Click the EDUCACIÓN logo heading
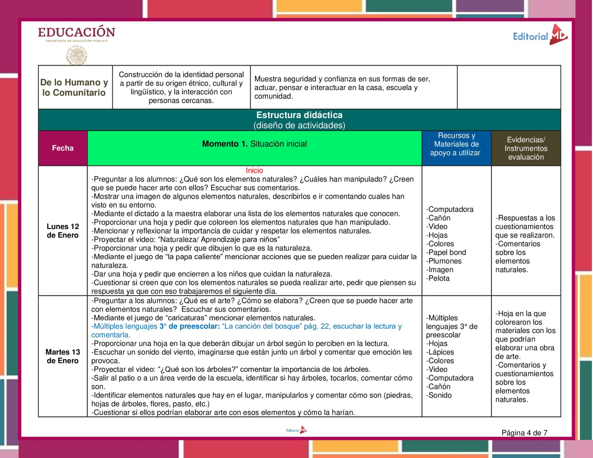(x=76, y=32)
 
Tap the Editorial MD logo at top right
(x=540, y=36)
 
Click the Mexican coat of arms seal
(x=76, y=55)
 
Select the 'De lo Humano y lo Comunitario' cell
(x=74, y=87)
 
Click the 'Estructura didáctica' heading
(x=299, y=115)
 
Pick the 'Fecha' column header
(x=63, y=148)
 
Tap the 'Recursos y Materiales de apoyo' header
(x=455, y=144)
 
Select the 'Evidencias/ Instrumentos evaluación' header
(x=526, y=148)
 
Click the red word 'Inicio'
(x=254, y=170)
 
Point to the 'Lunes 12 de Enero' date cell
(x=63, y=231)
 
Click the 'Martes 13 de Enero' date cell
(x=63, y=356)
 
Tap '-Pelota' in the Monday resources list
(x=438, y=278)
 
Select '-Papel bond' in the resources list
(x=446, y=252)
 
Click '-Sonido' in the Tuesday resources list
(x=439, y=395)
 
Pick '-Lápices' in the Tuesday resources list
(x=440, y=352)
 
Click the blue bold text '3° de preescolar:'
(x=190, y=326)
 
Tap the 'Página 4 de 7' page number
(x=524, y=433)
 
